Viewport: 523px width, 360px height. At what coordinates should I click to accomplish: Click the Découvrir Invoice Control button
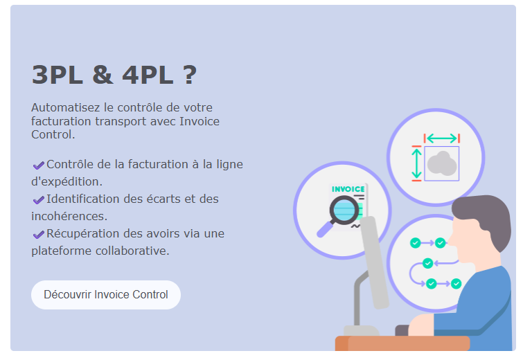point(105,295)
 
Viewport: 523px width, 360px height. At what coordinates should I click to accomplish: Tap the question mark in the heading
point(190,75)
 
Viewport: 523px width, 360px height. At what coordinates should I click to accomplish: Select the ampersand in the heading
point(103,75)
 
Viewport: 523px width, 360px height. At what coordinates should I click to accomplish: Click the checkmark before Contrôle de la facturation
point(38,165)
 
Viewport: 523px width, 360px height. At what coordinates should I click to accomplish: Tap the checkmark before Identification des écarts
point(38,199)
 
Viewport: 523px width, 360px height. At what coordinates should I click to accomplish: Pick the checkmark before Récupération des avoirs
point(38,234)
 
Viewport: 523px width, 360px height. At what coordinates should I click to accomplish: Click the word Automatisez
point(64,108)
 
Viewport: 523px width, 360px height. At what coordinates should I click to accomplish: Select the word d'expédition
point(67,181)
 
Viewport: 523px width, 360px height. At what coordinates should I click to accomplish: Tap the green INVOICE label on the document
point(348,189)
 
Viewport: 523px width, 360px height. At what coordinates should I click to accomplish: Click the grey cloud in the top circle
point(441,164)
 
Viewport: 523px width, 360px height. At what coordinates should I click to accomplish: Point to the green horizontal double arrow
point(441,138)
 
